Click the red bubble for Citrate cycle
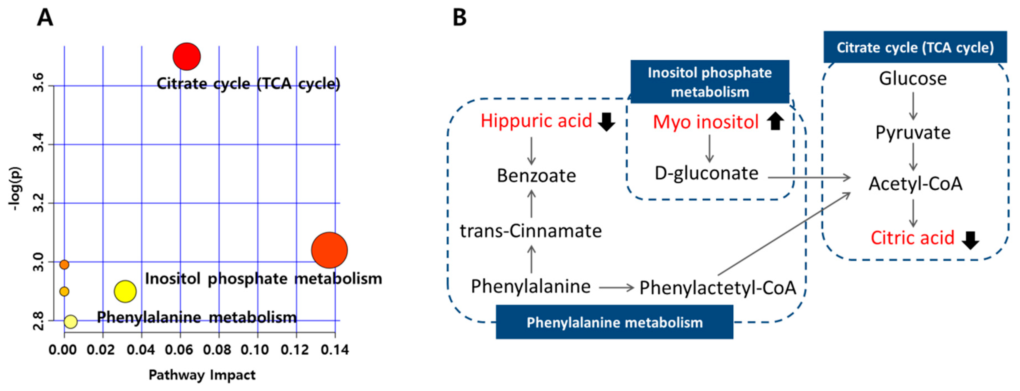(187, 56)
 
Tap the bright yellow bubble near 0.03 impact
(125, 292)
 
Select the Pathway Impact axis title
(202, 375)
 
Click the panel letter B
(459, 18)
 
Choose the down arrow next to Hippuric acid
(606, 122)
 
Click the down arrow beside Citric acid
(971, 240)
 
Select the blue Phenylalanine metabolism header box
(615, 322)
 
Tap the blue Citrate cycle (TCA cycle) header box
(915, 47)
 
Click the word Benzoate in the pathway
(537, 176)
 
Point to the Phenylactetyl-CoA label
(718, 288)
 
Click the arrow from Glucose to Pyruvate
(913, 106)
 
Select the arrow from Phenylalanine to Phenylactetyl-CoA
(616, 288)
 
